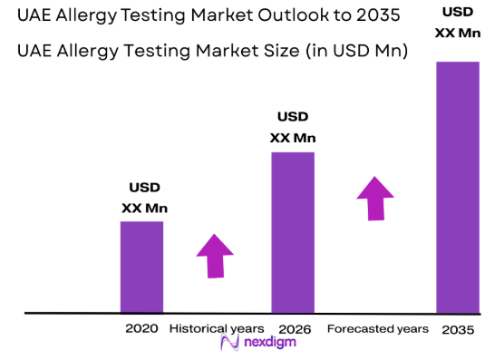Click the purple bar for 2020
point(141,267)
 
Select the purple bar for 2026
point(293,232)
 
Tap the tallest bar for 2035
point(457,187)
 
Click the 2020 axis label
point(141,327)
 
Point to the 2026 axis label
point(294,327)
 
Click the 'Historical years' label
point(217,327)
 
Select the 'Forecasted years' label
point(377,327)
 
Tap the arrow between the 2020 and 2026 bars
point(215,255)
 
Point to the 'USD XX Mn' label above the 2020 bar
point(144,198)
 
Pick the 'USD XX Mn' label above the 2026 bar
point(293,127)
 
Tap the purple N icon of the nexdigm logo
point(230,343)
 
